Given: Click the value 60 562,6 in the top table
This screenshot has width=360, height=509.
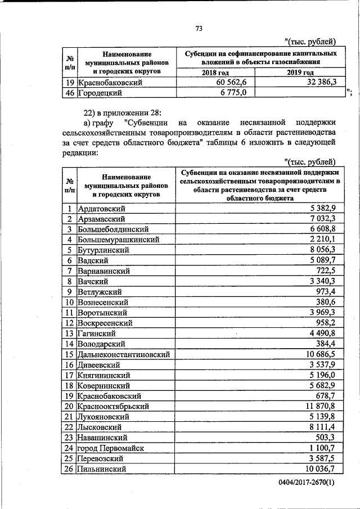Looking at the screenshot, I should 232,83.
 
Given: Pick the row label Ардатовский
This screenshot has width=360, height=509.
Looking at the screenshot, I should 102,208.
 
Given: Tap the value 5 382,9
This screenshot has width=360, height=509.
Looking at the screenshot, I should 323,208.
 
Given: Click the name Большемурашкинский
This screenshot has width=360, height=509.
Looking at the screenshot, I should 119,240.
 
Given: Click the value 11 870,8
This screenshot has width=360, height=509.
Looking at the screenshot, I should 321,406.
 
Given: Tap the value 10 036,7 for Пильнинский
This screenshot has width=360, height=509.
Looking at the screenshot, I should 321,469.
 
